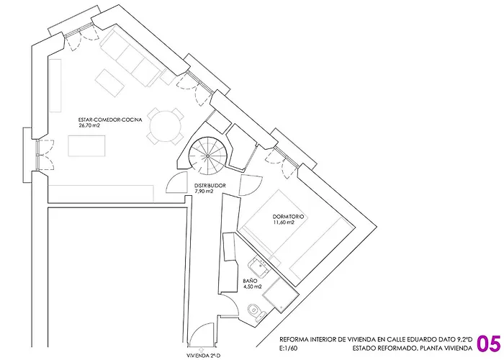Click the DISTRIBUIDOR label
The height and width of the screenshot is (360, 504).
pyautogui.click(x=211, y=186)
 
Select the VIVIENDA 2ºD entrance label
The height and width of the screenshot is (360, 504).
pyautogui.click(x=204, y=356)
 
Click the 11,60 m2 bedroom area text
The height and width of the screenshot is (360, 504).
pyautogui.click(x=284, y=222)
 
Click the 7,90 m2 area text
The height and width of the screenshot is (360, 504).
pyautogui.click(x=205, y=192)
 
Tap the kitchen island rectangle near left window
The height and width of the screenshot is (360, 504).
pyautogui.click(x=87, y=146)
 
